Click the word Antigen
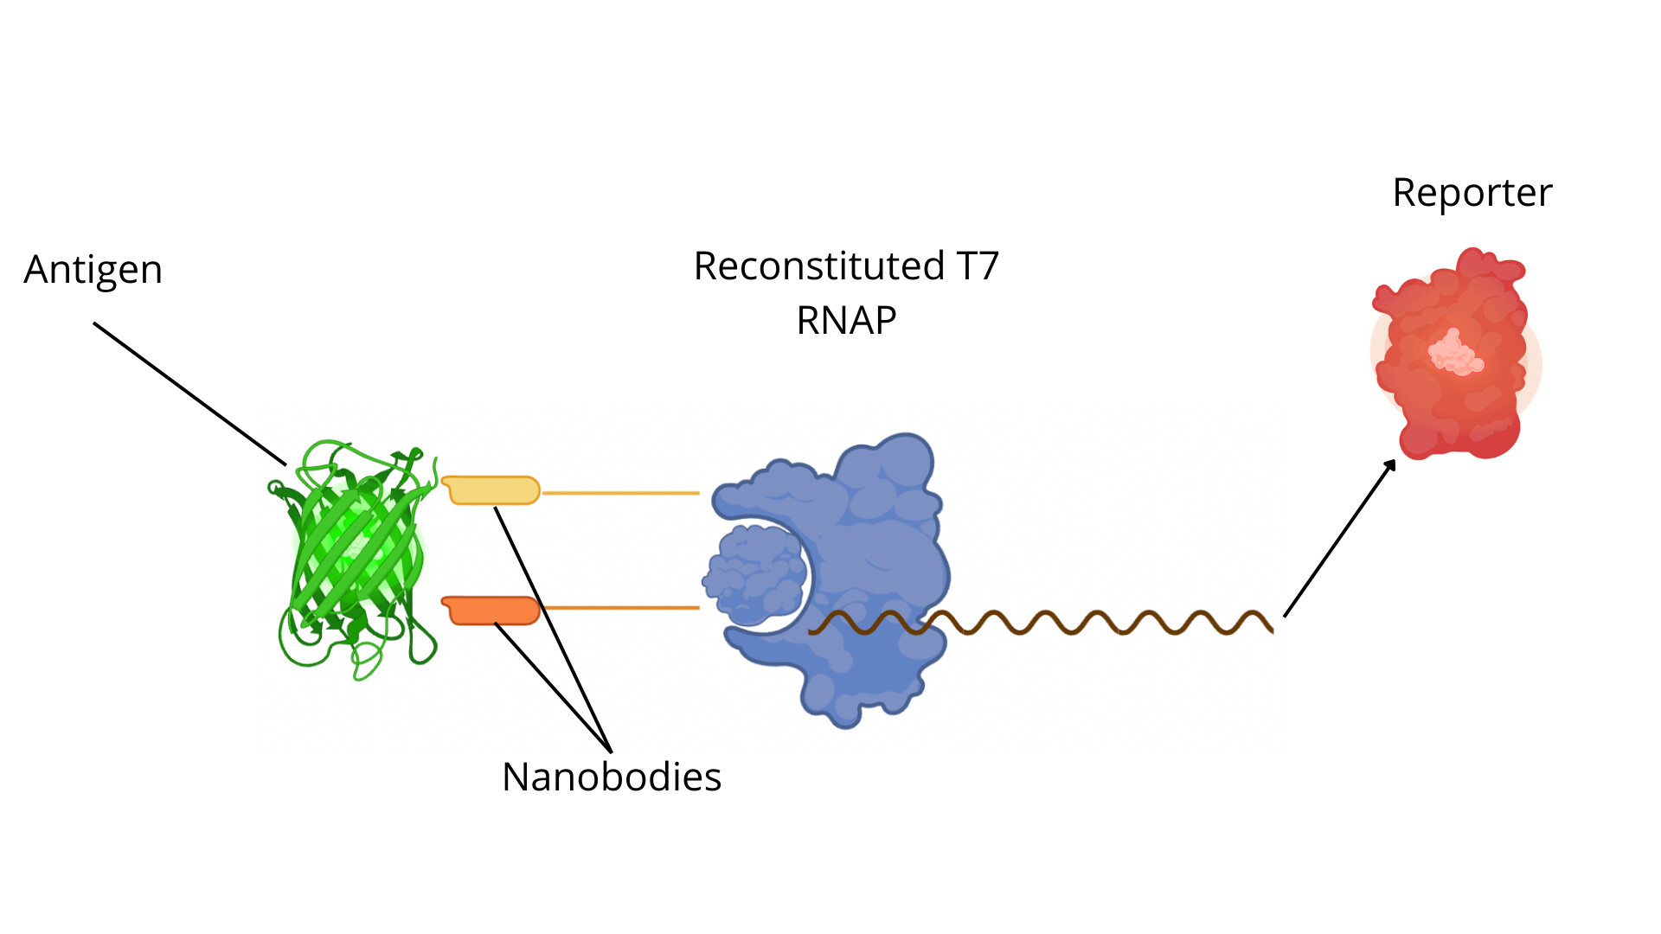93,270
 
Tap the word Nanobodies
611,777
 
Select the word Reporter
1472,193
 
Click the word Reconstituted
818,266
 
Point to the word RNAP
846,321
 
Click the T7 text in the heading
977,266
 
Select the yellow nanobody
491,490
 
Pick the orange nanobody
491,610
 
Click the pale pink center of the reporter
1456,353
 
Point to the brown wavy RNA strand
1090,623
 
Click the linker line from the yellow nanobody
620,493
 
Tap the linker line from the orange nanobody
620,608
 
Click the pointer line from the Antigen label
189,393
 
